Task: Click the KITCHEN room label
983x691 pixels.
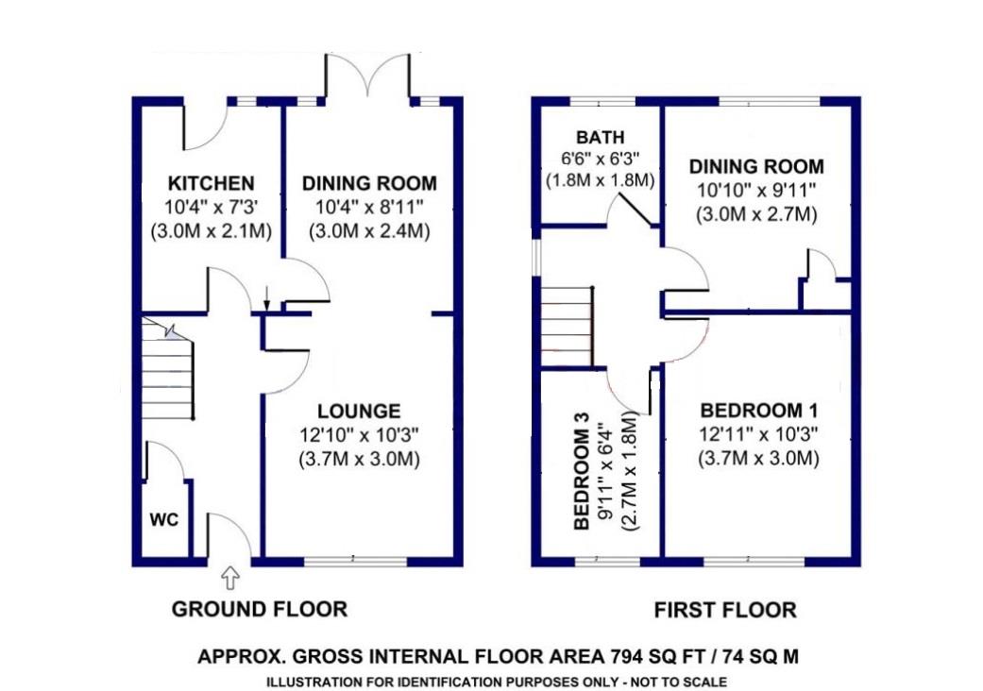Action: point(212,183)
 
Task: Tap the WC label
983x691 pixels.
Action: point(164,519)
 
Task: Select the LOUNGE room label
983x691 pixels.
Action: point(359,411)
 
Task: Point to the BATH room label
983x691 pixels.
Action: point(601,137)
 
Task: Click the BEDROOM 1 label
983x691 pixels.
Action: point(758,411)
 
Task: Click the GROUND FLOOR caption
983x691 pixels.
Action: point(260,609)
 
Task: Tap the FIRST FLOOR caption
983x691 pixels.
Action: point(725,610)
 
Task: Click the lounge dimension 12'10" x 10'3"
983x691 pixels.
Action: point(359,435)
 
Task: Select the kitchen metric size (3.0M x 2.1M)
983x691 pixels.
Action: point(212,231)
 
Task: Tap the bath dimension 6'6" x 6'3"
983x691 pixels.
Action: point(601,159)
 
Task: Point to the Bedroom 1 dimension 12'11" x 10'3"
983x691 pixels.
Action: point(758,434)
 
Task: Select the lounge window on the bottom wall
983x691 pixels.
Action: point(355,561)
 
